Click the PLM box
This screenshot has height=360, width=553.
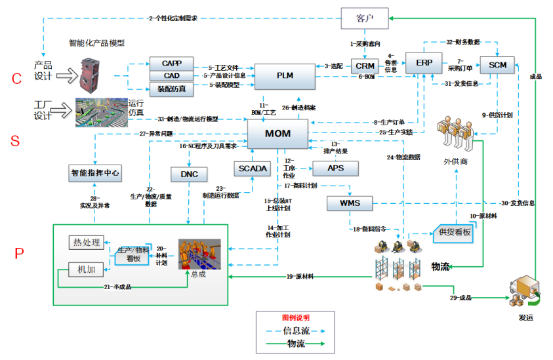click(285, 76)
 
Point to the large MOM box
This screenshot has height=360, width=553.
click(277, 134)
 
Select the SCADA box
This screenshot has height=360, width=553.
click(253, 169)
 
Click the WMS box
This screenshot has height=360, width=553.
click(349, 203)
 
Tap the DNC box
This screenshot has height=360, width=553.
click(188, 174)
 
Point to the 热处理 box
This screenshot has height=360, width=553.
click(86, 243)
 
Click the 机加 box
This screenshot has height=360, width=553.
click(86, 269)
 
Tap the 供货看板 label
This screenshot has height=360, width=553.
click(455, 232)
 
